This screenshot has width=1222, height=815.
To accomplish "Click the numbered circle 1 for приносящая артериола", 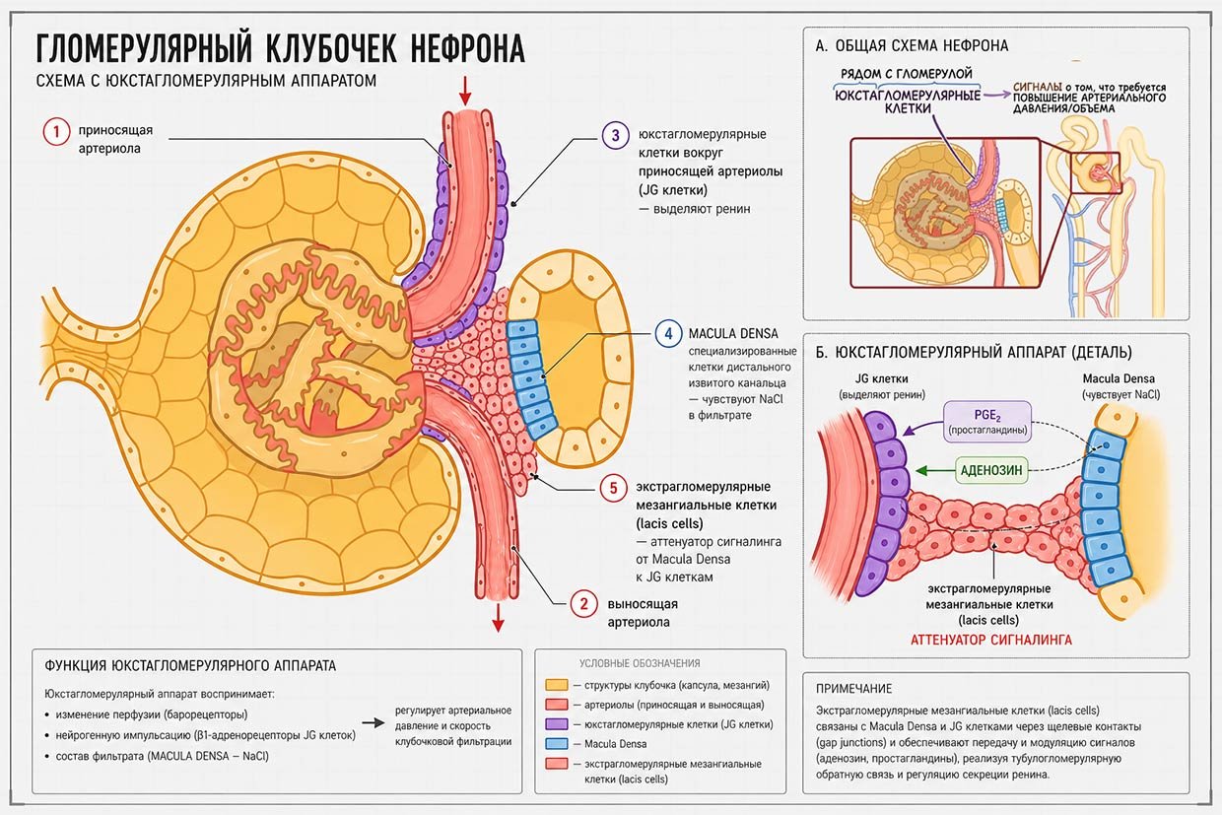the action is [57, 132].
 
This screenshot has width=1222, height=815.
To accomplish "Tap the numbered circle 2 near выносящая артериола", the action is [584, 604].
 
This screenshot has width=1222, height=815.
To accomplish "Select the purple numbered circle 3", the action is [616, 135].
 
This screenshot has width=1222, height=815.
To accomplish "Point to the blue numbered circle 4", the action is [668, 333].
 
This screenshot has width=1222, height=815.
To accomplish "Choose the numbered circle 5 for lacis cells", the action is [613, 487].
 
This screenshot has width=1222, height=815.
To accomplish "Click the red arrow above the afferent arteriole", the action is [465, 91].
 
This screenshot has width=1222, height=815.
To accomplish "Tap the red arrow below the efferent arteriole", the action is [498, 618].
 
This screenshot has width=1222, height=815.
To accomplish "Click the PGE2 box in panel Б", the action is [988, 421].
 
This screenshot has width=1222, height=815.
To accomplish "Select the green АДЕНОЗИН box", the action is [991, 470].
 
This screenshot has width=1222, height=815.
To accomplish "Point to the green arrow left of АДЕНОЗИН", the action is [935, 471].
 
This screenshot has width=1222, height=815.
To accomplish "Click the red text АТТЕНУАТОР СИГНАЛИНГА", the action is [991, 640].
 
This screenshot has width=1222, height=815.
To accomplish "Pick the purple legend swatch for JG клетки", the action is [557, 724].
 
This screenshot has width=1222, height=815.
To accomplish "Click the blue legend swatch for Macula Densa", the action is [557, 744].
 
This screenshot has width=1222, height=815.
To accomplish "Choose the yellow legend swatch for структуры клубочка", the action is [557, 685].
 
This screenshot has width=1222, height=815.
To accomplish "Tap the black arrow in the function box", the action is [373, 722].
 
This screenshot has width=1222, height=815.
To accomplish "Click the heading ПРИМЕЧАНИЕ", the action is [853, 689].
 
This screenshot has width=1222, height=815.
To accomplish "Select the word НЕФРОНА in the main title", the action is [467, 48].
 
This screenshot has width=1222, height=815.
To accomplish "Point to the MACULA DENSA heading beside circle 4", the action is [733, 333].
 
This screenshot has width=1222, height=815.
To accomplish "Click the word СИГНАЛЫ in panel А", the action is [1038, 88].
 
